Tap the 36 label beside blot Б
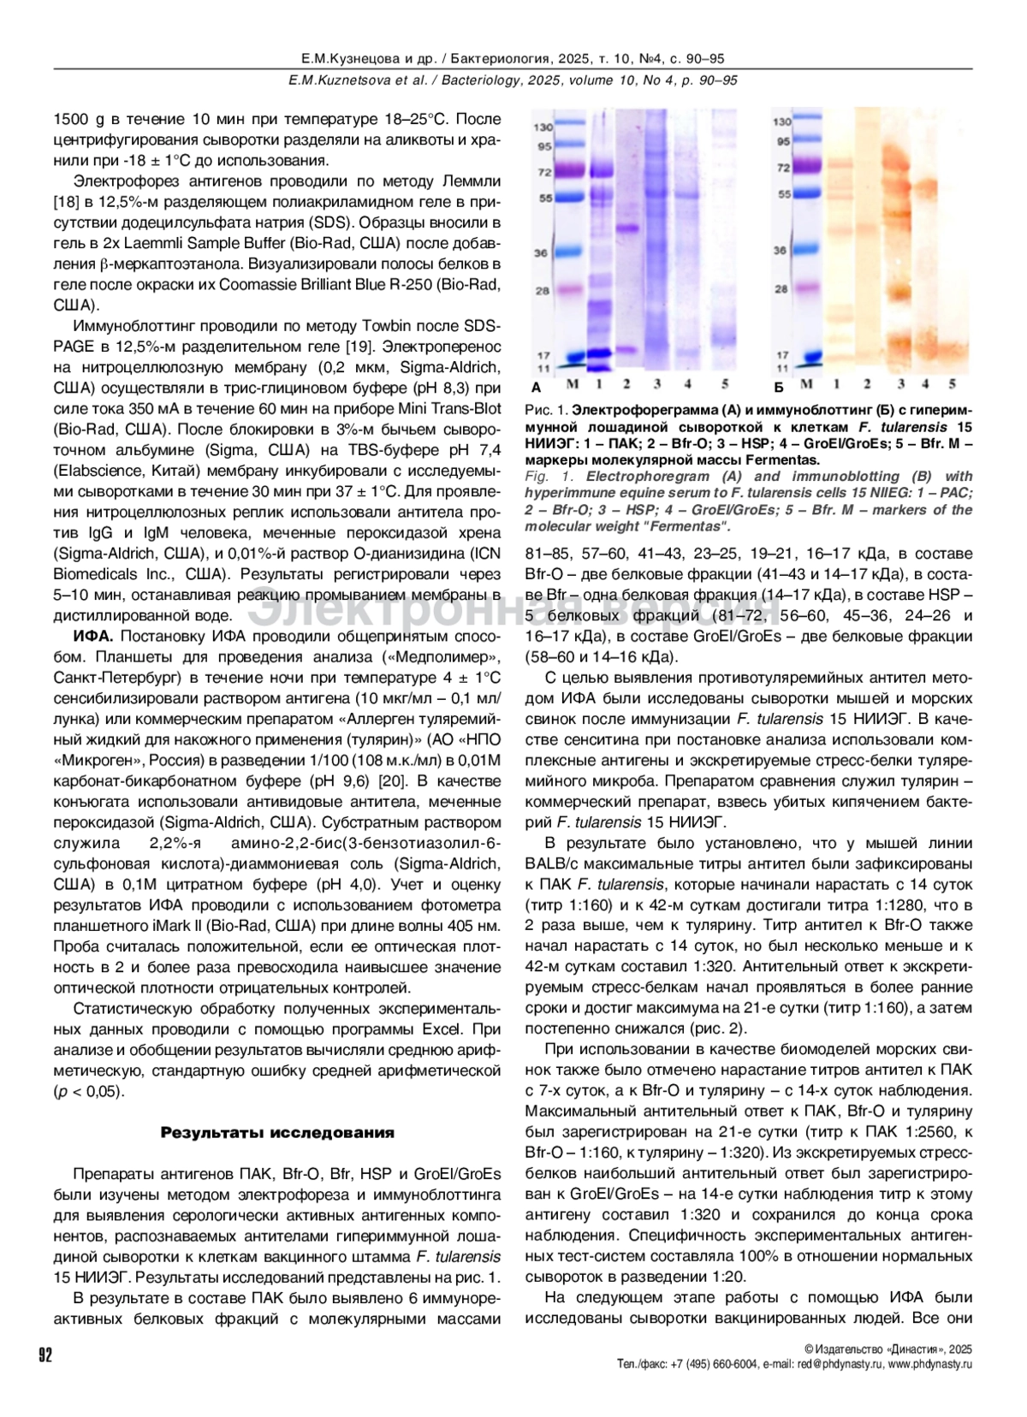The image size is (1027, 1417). (780, 251)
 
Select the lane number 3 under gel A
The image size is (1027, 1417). (656, 382)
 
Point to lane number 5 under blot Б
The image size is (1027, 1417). (952, 384)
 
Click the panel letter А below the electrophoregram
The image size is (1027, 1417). (536, 387)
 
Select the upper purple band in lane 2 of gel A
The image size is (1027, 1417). (626, 228)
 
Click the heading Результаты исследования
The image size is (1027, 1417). (278, 1133)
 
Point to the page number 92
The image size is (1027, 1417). (45, 1355)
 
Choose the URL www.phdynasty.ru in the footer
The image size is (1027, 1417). (929, 1364)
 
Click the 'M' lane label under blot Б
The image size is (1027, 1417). (805, 384)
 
